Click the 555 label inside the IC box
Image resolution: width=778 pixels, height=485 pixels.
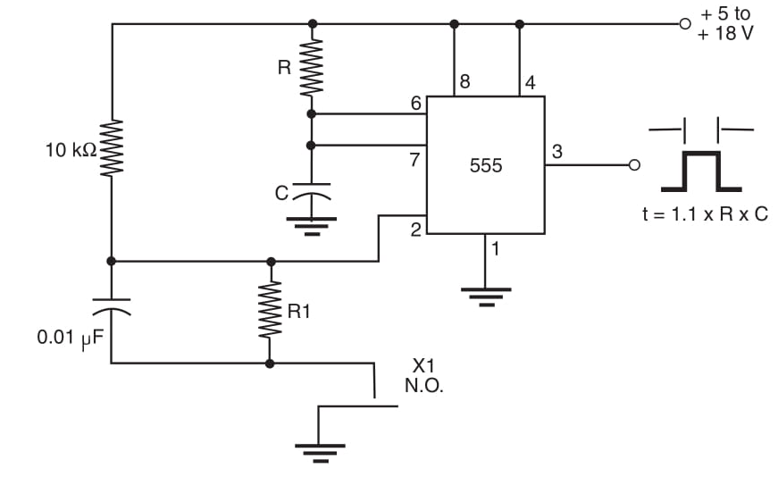tap(486, 166)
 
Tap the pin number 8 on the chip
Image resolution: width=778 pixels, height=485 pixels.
tap(464, 83)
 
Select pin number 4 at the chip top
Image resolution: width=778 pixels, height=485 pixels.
tap(531, 83)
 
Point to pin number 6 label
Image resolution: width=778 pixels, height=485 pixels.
tap(415, 104)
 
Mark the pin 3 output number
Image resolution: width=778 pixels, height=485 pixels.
tap(557, 153)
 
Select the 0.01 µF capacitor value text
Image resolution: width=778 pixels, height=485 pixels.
tap(71, 339)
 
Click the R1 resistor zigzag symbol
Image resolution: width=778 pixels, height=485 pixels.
tap(271, 312)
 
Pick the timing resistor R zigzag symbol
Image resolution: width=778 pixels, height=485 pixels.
tap(311, 68)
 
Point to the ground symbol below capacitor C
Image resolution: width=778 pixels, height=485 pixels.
tap(311, 223)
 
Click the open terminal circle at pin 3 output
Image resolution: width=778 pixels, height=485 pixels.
tap(635, 165)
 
